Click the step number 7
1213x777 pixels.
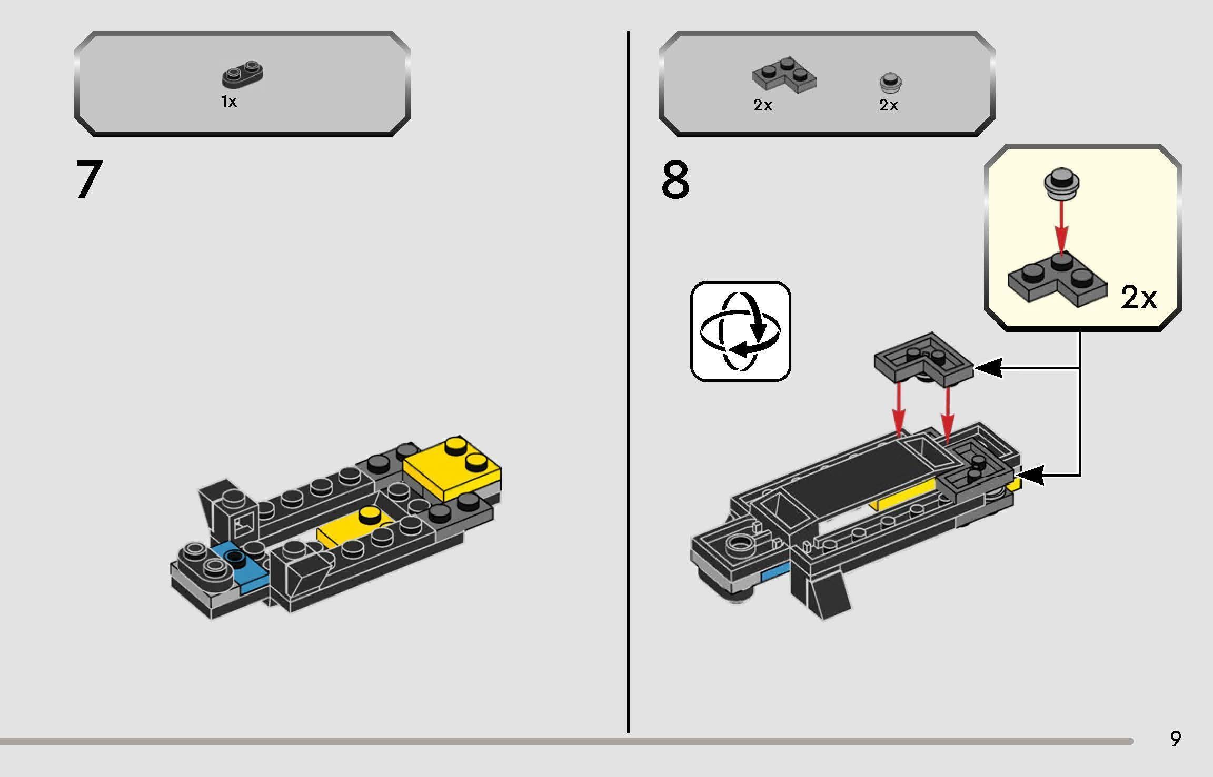(88, 180)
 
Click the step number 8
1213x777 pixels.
(675, 180)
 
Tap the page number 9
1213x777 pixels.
(1175, 739)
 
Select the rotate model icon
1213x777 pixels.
(740, 331)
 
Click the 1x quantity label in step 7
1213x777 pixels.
(229, 102)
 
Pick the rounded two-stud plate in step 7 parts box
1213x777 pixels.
(243, 75)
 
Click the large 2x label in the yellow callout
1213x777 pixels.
(1139, 298)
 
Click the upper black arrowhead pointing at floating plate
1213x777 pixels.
(988, 369)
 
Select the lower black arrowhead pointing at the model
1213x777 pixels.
(1030, 476)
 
